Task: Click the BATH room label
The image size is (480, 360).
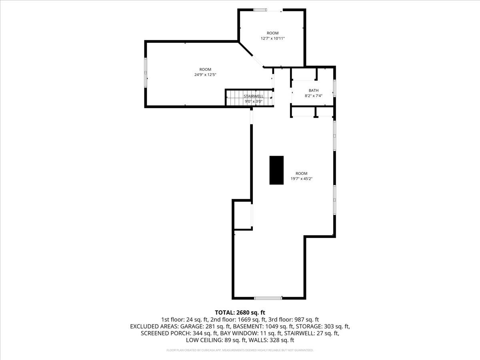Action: click(x=314, y=90)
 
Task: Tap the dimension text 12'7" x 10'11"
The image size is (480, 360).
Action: click(x=272, y=38)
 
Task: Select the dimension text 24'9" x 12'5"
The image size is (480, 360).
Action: click(x=205, y=75)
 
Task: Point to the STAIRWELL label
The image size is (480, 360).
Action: click(x=254, y=96)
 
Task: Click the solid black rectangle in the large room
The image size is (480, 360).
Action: click(x=276, y=170)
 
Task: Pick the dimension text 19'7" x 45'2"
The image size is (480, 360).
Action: click(x=302, y=179)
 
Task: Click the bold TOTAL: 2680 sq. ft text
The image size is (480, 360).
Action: click(x=240, y=312)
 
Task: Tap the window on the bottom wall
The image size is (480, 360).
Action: click(x=268, y=298)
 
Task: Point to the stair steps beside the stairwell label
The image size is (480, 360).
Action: click(x=234, y=96)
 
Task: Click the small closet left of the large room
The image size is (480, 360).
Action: click(x=242, y=215)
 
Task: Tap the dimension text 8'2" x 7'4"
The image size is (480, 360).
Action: click(x=314, y=96)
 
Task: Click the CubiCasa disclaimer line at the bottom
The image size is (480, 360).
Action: click(x=240, y=350)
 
